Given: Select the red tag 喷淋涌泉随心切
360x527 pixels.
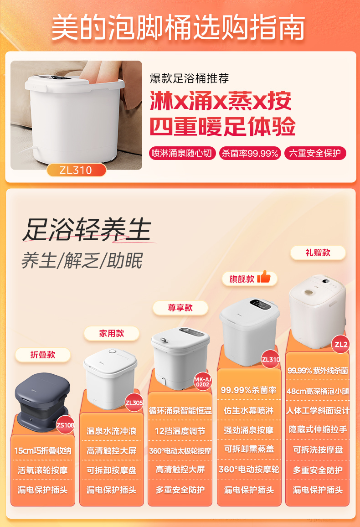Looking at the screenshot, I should [x=182, y=153].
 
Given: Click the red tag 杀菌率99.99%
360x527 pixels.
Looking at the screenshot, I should [x=250, y=153].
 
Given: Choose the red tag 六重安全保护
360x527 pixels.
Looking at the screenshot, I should [x=315, y=153].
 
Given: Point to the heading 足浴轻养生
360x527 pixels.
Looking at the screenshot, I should [x=87, y=229].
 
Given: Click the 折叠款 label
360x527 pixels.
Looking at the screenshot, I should [x=43, y=355].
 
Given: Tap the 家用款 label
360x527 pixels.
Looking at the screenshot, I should [x=111, y=333].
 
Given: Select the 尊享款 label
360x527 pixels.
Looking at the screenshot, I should [x=180, y=308].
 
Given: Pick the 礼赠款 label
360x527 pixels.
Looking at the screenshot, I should [x=318, y=253].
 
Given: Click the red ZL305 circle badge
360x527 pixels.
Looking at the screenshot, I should [x=134, y=403].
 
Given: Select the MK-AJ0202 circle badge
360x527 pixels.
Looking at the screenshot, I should [x=202, y=382].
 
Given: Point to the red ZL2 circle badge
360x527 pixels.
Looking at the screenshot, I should [x=341, y=345].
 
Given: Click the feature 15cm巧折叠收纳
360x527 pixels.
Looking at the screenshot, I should [x=43, y=450].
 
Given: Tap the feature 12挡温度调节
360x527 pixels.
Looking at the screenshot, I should [x=180, y=431].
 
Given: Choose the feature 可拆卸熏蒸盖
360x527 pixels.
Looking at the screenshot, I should [x=249, y=449].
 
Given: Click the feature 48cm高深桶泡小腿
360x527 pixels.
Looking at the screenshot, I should [x=318, y=391].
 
